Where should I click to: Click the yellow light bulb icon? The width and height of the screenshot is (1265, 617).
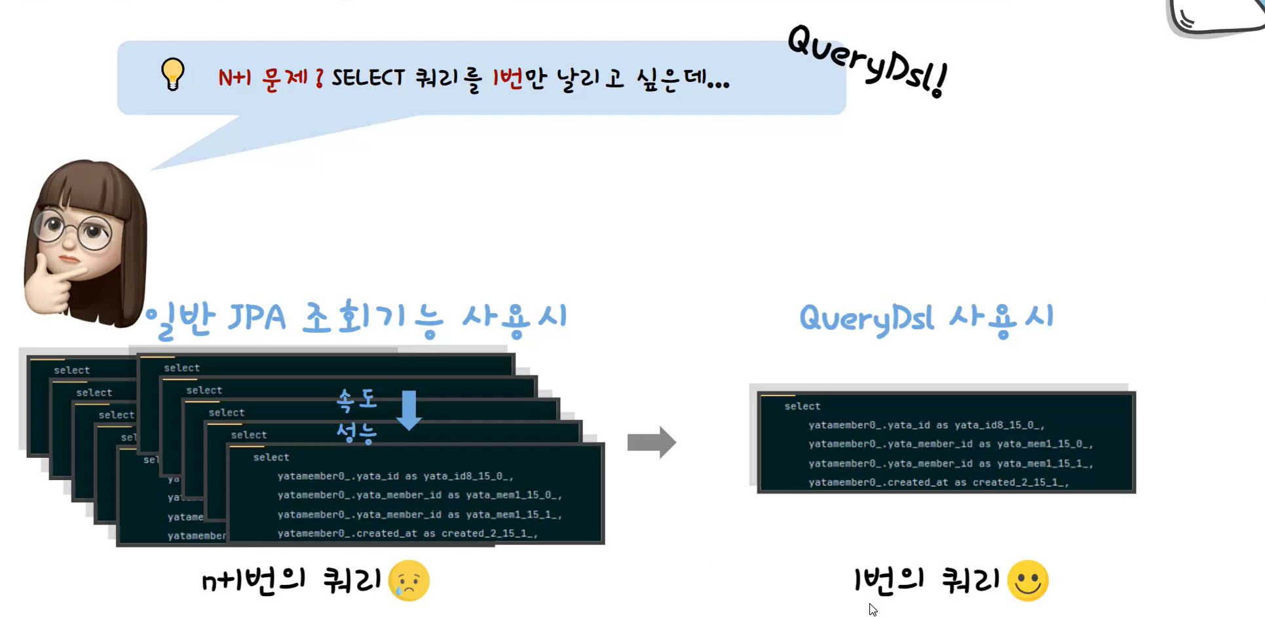173,73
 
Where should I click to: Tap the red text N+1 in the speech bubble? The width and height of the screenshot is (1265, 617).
235,78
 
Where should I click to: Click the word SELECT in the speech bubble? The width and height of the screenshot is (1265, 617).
368,78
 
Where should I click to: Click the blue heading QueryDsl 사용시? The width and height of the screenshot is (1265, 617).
926,318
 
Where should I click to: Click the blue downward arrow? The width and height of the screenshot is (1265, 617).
409,410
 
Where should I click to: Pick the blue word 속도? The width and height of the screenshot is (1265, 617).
357,400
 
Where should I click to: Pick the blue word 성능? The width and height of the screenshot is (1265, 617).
357,432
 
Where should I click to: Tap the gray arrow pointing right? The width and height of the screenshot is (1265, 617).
651,442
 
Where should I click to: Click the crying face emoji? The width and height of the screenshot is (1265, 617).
409,580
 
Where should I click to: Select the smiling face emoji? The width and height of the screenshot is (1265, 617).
1028,580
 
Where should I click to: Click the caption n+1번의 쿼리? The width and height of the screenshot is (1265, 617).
292,580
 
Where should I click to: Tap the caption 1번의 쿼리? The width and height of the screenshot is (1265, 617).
927,580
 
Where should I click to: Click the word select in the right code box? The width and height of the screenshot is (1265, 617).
802,406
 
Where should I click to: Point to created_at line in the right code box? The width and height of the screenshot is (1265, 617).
938,482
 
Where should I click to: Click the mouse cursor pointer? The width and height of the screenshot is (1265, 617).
873,610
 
